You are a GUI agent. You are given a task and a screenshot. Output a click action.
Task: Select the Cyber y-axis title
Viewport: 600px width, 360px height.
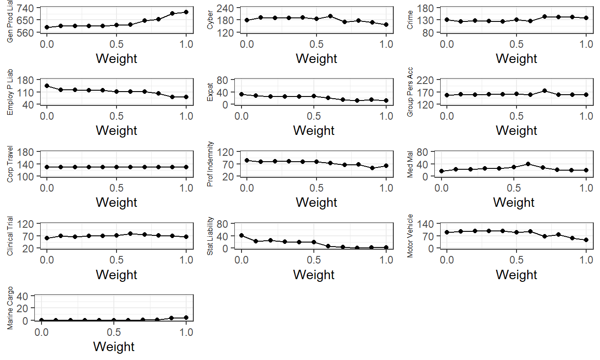click(x=210, y=21)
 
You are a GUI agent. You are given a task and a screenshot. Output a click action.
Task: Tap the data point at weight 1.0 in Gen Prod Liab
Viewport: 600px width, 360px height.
click(x=186, y=12)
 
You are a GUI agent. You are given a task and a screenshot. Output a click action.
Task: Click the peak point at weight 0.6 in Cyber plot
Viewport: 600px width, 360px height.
click(x=330, y=16)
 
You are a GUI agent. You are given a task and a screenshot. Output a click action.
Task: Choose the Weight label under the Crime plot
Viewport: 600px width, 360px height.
click(x=517, y=59)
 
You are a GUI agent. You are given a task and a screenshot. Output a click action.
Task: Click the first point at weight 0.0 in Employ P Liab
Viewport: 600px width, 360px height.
click(x=47, y=86)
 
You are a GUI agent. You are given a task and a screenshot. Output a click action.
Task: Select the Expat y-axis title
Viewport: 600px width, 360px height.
click(x=210, y=92)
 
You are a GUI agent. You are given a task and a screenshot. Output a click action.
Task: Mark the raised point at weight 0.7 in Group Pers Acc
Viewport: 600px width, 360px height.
click(x=544, y=91)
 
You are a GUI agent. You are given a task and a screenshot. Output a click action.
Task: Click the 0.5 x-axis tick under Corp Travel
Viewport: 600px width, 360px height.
click(x=117, y=188)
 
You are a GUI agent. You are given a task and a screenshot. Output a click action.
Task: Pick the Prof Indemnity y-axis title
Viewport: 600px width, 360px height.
click(x=210, y=164)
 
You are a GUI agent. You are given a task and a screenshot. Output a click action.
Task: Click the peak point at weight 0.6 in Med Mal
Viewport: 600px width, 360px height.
click(x=528, y=164)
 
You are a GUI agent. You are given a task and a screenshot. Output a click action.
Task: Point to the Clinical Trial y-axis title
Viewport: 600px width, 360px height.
click(x=10, y=236)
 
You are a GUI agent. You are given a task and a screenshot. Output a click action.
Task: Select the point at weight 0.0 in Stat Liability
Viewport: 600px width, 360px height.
click(x=242, y=235)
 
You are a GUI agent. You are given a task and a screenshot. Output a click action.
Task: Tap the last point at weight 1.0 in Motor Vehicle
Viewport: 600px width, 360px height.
click(x=586, y=240)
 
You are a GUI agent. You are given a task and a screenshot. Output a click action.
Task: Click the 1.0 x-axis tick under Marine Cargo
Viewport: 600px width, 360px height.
click(x=186, y=332)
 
